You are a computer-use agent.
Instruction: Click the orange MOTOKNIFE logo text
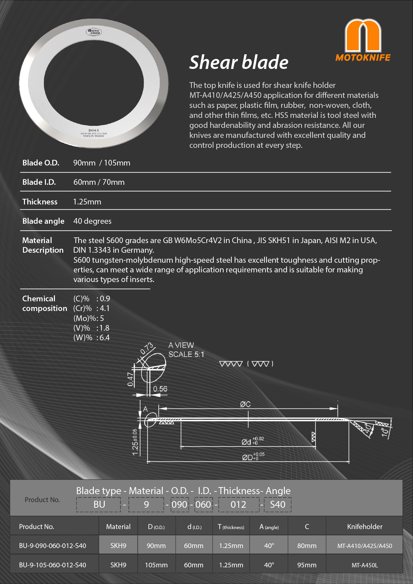point(363,58)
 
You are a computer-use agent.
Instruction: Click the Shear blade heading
point(239,63)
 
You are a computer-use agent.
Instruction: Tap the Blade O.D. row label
point(41,163)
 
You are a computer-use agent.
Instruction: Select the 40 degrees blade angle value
point(92,221)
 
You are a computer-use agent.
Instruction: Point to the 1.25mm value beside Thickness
point(87,202)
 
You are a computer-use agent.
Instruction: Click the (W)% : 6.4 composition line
point(92,338)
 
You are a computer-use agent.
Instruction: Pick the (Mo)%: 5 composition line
point(89,318)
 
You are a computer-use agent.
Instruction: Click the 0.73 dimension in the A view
point(146,348)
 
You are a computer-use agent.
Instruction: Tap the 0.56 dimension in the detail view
point(160,389)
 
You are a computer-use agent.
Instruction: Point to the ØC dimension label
point(245,404)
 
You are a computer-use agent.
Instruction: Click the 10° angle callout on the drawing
point(385,432)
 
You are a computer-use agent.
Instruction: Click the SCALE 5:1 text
point(186,355)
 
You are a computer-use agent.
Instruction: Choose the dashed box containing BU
point(99,504)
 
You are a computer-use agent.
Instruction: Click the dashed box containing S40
point(278,504)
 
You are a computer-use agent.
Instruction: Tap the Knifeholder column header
point(364,527)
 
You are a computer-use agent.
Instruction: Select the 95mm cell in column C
point(307,565)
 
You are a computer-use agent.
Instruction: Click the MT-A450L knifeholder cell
point(364,565)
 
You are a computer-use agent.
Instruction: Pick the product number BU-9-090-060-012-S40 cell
point(53,546)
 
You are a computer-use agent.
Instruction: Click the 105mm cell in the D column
point(156,565)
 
